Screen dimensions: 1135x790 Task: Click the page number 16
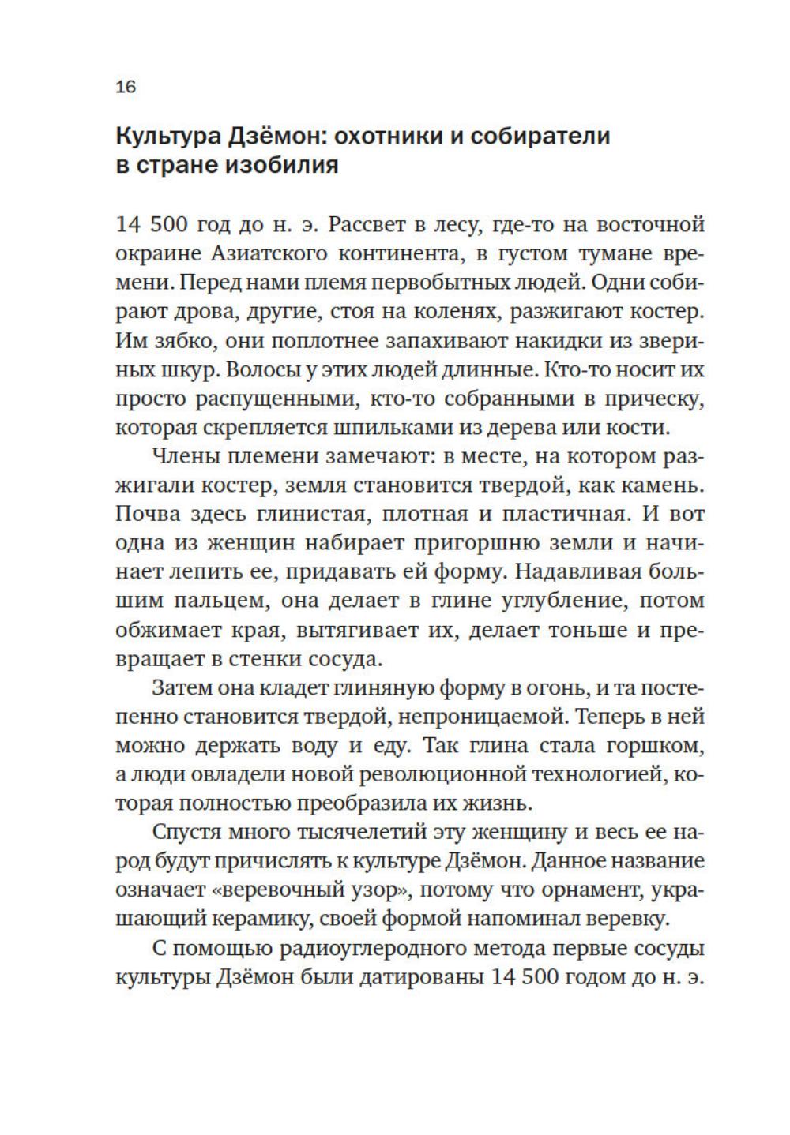(x=126, y=87)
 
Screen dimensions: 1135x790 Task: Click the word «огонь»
(x=548, y=688)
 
